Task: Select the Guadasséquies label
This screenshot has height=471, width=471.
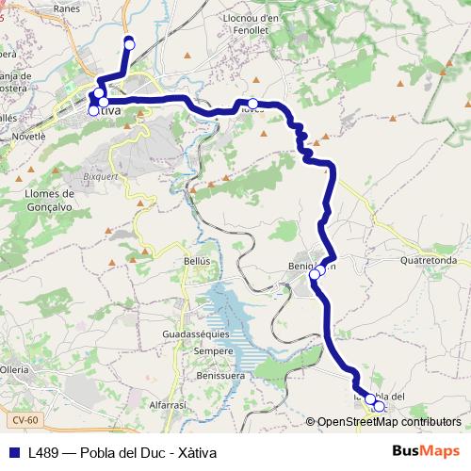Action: pos(195,334)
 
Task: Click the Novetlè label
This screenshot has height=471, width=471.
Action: pos(28,136)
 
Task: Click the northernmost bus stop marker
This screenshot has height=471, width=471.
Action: pos(129,41)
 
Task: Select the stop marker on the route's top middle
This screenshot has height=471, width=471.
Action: pos(253,104)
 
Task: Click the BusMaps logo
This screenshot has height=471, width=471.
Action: pos(426,450)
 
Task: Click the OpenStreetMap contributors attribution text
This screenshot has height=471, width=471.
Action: pos(389,422)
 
